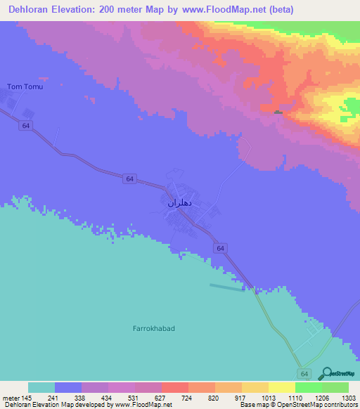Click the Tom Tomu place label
(x=25, y=86)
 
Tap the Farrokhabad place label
(x=153, y=328)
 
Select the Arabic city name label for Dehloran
(x=185, y=203)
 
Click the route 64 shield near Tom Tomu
(x=25, y=125)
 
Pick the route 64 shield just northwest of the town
(x=129, y=179)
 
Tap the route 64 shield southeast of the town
(x=220, y=249)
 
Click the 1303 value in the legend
(x=348, y=397)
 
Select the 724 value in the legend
(x=188, y=397)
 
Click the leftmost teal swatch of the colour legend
(x=41, y=387)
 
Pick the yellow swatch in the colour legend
(x=281, y=387)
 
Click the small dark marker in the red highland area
(x=278, y=112)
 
